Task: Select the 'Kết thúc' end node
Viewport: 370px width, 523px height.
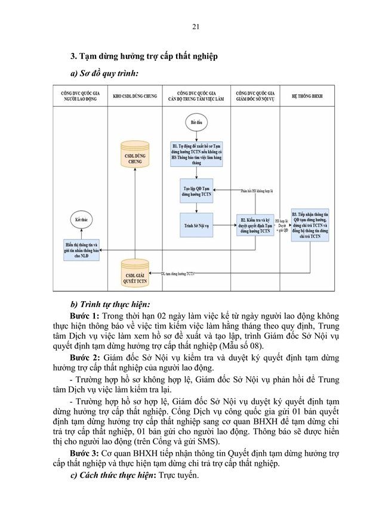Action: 82,219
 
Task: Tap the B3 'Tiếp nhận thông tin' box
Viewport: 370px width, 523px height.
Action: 310,225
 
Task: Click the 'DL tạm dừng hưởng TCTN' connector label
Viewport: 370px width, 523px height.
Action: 178,274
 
